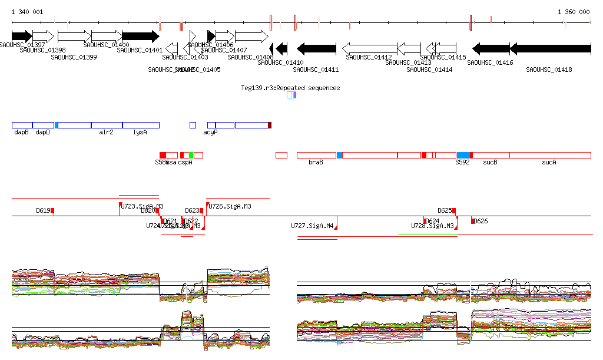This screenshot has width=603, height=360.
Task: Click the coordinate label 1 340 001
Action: tap(27, 12)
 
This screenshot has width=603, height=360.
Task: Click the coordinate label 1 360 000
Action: tap(574, 12)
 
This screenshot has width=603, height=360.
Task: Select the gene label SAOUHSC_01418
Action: tap(549, 70)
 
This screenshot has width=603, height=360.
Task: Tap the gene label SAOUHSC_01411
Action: tap(316, 70)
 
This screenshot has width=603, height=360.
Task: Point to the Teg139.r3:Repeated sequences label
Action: tap(290, 88)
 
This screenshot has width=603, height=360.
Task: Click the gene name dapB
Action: tap(21, 133)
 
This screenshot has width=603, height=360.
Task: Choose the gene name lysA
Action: tap(140, 133)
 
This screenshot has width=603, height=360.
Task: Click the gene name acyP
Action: tap(211, 133)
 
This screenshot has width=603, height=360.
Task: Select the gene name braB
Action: tap(316, 162)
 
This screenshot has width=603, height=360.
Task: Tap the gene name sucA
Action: tap(549, 162)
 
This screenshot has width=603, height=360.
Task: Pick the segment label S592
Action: tap(462, 162)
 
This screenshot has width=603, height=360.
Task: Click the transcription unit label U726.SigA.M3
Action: tap(230, 206)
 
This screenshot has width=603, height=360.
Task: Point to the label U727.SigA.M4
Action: tap(313, 226)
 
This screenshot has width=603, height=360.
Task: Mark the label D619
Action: tap(43, 210)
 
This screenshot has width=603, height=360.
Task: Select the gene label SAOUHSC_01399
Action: tap(74, 57)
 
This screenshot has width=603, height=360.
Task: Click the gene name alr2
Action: tap(106, 133)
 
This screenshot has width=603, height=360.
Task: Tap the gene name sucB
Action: tap(490, 162)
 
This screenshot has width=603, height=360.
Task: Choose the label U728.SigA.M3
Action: tap(432, 226)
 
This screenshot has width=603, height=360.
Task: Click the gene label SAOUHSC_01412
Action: tap(369, 57)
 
